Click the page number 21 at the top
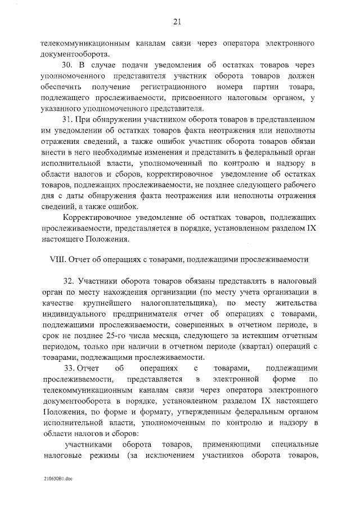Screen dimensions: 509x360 (176, 22)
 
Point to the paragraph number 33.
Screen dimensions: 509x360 (69, 368)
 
